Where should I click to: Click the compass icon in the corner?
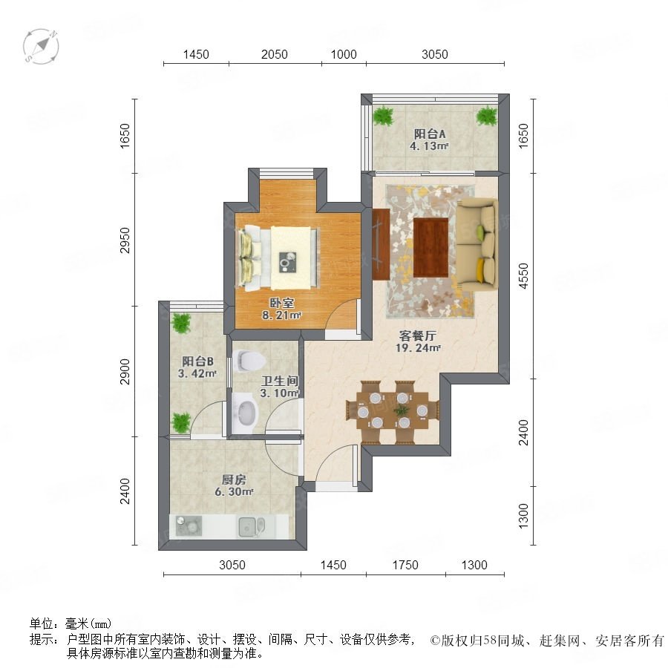tap(41, 47)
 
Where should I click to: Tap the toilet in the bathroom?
tap(249, 361)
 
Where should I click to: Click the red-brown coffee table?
tap(430, 247)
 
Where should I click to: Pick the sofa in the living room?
tap(477, 244)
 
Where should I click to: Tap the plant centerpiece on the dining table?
tap(401, 410)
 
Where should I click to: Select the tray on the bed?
tap(289, 262)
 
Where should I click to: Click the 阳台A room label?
tap(430, 134)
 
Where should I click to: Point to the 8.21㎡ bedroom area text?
tap(281, 315)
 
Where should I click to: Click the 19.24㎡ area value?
tap(418, 347)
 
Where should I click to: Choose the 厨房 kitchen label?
tap(235, 479)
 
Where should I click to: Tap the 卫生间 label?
tap(280, 381)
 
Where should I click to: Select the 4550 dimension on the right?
tap(523, 275)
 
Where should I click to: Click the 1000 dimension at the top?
tap(344, 54)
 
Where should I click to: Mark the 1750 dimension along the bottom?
tap(405, 565)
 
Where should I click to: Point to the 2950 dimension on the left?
tap(125, 240)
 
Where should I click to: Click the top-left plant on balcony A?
tap(384, 115)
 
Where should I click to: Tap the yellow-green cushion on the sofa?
tap(480, 232)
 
